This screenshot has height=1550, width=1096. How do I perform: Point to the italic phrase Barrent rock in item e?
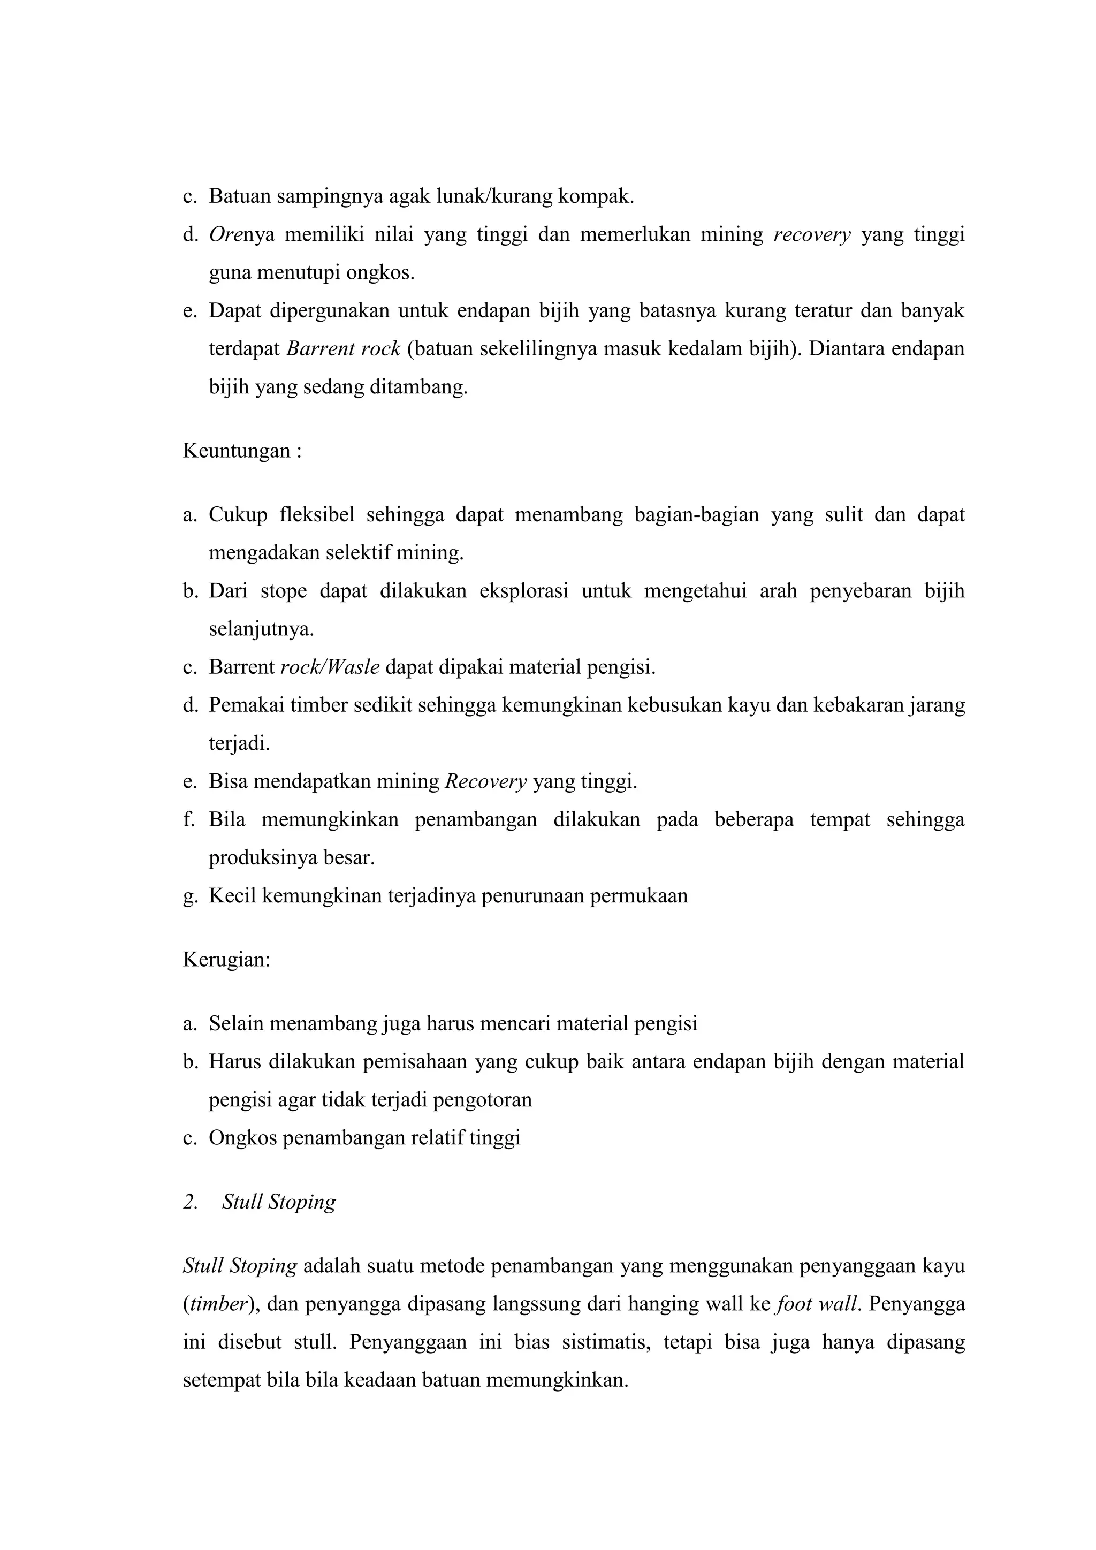(344, 349)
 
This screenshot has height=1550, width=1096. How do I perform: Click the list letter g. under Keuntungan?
(189, 896)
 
